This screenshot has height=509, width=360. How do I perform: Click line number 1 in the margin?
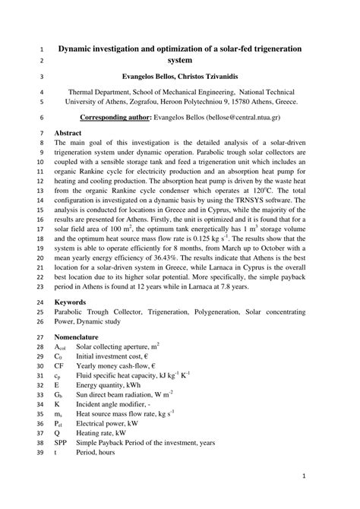[39, 49]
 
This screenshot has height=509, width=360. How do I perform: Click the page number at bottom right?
[303, 476]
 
